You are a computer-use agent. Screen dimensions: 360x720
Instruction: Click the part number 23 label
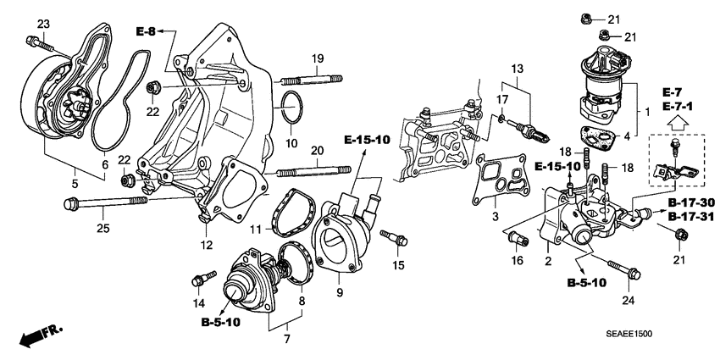(43, 23)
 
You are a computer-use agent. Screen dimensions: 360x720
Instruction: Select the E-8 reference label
(146, 32)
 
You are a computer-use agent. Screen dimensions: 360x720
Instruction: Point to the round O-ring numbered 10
(290, 108)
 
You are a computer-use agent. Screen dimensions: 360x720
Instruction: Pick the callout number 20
(317, 150)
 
